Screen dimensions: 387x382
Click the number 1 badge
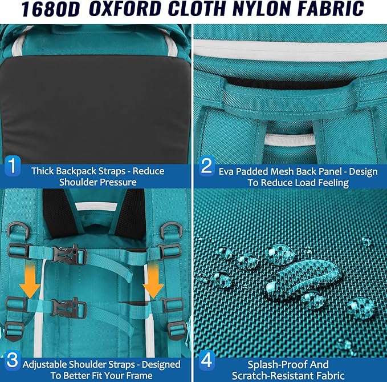point(13,166)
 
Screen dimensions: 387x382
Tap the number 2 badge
point(207,166)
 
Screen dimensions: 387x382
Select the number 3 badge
point(13,361)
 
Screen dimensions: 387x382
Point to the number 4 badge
point(207,361)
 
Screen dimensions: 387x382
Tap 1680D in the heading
point(51,9)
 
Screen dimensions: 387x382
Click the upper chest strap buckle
point(69,255)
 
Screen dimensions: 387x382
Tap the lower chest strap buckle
point(68,307)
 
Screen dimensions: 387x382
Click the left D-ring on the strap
point(18,230)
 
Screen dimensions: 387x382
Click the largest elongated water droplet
point(304,277)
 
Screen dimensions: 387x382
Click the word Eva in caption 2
point(226,172)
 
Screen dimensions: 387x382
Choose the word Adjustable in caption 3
point(45,365)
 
